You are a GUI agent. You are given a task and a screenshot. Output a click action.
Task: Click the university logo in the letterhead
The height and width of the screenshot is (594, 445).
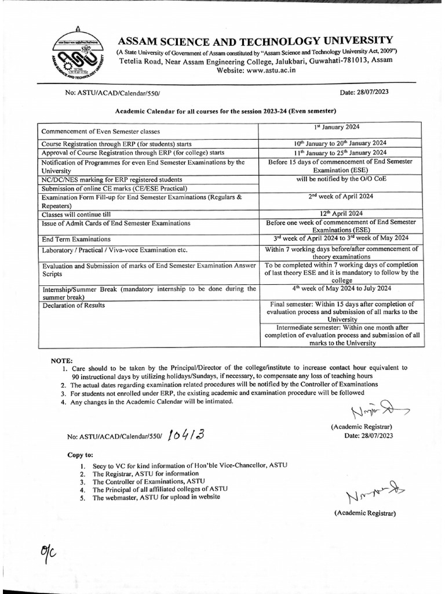point(77,56)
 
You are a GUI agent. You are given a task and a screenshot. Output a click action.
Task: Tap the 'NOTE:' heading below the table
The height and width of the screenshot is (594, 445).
point(62,360)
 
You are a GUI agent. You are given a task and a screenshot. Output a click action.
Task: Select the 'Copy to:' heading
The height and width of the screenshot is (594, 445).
point(81,455)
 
